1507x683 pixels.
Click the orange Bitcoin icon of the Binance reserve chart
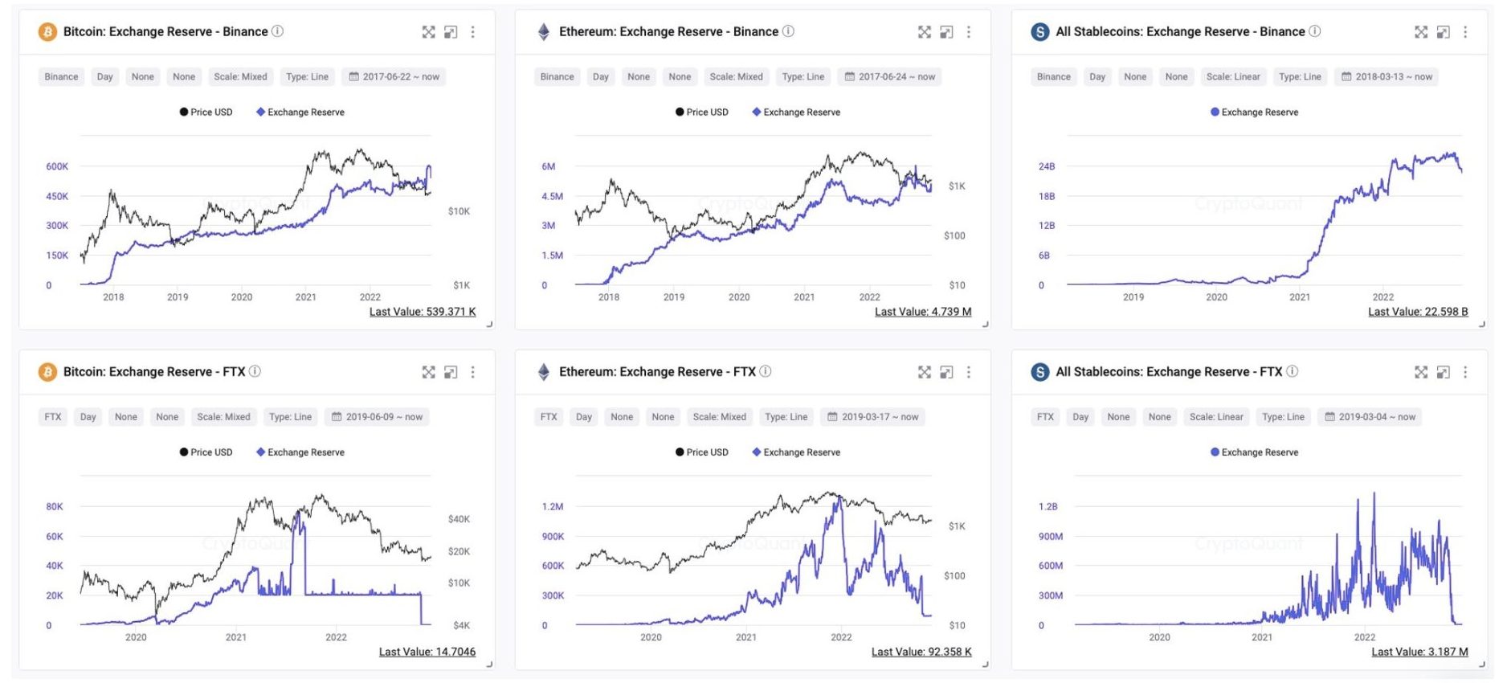(47, 31)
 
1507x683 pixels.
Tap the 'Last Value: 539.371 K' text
(422, 312)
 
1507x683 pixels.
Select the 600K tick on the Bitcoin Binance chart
(57, 166)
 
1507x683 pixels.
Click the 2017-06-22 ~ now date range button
(394, 77)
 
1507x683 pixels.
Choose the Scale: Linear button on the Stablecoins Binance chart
(1232, 77)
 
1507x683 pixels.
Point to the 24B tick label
(1046, 166)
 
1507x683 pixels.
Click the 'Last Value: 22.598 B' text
(1417, 312)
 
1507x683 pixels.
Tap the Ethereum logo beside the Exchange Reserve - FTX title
(544, 372)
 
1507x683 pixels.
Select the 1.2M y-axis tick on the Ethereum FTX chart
(552, 507)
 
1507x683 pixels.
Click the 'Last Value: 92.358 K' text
(921, 652)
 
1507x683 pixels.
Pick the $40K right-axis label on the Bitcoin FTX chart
(459, 519)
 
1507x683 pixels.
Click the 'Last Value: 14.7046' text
(427, 652)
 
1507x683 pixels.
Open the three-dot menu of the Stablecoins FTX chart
(1464, 372)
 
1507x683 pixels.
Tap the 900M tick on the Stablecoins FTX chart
(1050, 537)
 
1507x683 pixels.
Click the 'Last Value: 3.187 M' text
(1419, 652)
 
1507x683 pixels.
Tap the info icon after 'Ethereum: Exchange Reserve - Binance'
(788, 31)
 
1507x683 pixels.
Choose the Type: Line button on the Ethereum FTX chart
(786, 417)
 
